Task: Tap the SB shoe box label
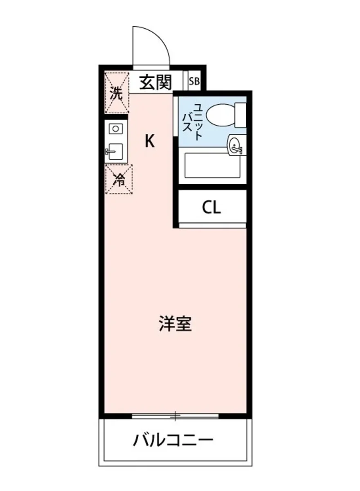click(194, 81)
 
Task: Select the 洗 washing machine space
click(117, 93)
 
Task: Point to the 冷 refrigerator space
click(119, 179)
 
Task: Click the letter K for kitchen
click(150, 142)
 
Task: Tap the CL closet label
click(211, 208)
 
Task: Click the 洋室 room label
click(175, 324)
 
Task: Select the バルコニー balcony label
click(173, 441)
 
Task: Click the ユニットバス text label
click(193, 122)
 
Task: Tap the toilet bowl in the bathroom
click(220, 115)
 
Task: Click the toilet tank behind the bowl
click(241, 115)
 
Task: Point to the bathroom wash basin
click(236, 146)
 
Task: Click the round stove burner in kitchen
click(116, 129)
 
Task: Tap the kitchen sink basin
click(116, 152)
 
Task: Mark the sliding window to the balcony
click(175, 416)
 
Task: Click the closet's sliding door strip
click(212, 225)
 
